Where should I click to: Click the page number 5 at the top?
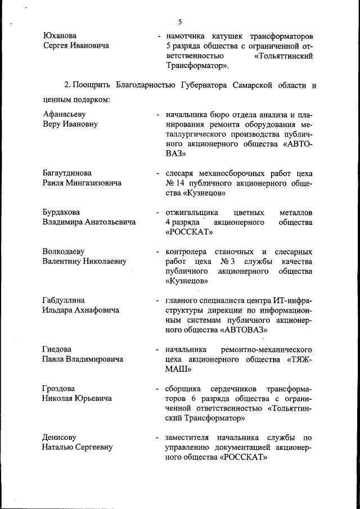[x=180, y=22]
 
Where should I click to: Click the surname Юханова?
[x=60, y=35]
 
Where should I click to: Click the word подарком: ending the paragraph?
[x=90, y=100]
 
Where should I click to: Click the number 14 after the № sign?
[x=183, y=183]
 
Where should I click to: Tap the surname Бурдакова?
[x=61, y=212]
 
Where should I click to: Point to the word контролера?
[x=186, y=251]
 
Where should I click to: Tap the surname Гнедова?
[x=57, y=349]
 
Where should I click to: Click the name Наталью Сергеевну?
[x=78, y=448]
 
